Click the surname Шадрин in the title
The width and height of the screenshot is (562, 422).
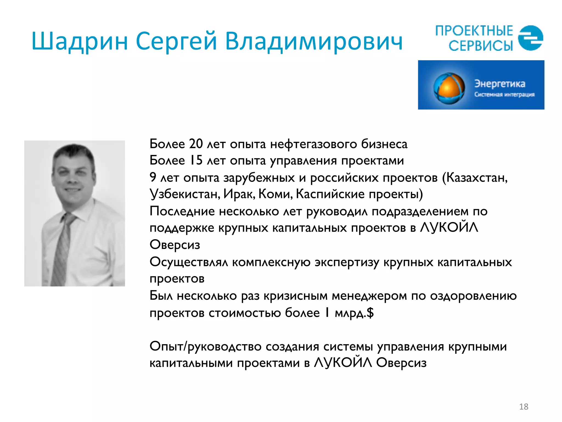pyautogui.click(x=80, y=41)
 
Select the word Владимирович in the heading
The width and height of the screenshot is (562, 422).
pyautogui.click(x=314, y=41)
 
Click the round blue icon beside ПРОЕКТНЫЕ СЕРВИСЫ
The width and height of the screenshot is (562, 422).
pyautogui.click(x=530, y=38)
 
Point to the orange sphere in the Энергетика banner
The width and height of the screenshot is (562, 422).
pyautogui.click(x=449, y=88)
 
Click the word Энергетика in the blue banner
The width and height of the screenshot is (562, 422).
pyautogui.click(x=500, y=84)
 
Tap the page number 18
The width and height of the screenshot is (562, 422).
pyautogui.click(x=524, y=407)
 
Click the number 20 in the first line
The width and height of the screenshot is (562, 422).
pyautogui.click(x=196, y=144)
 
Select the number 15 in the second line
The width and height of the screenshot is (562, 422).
pyautogui.click(x=196, y=160)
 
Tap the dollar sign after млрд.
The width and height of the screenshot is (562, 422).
pyautogui.click(x=370, y=313)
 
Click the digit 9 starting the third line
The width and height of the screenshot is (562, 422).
pyautogui.click(x=153, y=177)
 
